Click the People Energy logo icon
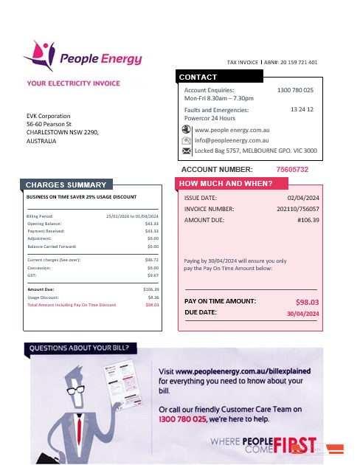[x=38, y=54]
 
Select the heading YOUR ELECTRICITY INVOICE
[x=73, y=83]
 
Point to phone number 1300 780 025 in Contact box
[x=295, y=90]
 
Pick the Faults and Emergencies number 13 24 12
[x=302, y=109]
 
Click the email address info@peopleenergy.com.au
[x=232, y=139]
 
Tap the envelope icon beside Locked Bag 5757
[x=186, y=151]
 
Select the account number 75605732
[x=292, y=170]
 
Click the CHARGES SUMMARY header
[x=66, y=185]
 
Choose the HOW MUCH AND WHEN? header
[x=226, y=183]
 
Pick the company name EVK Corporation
[x=49, y=116]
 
